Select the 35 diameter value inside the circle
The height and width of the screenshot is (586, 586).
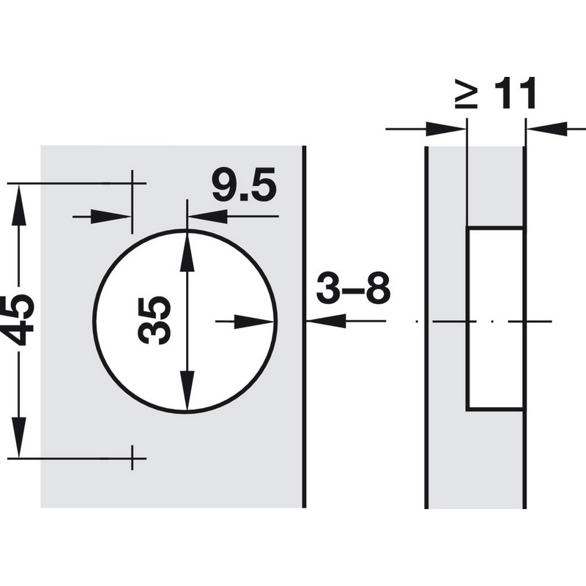pyautogui.click(x=155, y=320)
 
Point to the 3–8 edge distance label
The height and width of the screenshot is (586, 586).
pyautogui.click(x=353, y=287)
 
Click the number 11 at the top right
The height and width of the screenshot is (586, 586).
pyautogui.click(x=516, y=93)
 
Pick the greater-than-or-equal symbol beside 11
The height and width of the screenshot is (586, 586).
pyautogui.click(x=467, y=94)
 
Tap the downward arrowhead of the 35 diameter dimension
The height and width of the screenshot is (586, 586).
pyautogui.click(x=187, y=391)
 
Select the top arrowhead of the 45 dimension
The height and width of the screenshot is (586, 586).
pyautogui.click(x=19, y=205)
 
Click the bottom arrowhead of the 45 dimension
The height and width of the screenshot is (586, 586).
pyautogui.click(x=19, y=437)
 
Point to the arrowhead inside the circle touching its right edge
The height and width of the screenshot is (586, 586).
pyautogui.click(x=254, y=322)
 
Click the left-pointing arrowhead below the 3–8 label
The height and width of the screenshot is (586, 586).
pyautogui.click(x=326, y=321)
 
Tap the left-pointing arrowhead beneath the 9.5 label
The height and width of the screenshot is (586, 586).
pyautogui.click(x=208, y=216)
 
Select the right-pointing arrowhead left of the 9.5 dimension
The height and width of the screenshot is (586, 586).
pyautogui.click(x=111, y=216)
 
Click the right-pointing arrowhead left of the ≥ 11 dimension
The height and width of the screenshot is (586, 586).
pyautogui.click(x=446, y=129)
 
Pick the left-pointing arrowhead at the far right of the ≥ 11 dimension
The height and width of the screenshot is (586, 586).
pyautogui.click(x=547, y=129)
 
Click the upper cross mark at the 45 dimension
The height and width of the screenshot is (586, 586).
pyautogui.click(x=132, y=184)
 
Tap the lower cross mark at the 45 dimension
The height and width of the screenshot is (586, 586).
pyautogui.click(x=132, y=458)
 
